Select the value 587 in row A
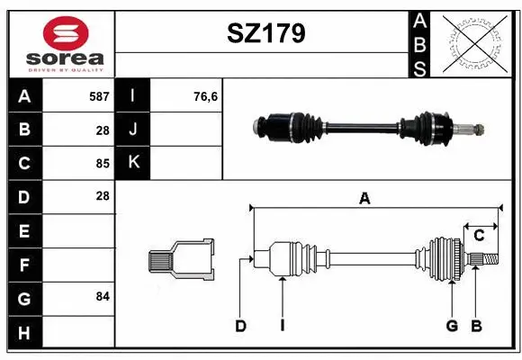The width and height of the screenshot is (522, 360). pos(98,96)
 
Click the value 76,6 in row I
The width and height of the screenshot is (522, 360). pos(206,96)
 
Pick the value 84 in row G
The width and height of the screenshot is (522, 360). pos(102,296)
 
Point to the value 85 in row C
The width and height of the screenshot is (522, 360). pos(102,164)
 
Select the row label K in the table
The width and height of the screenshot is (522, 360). pos(133,163)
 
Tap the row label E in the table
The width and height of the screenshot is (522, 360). pos(24,231)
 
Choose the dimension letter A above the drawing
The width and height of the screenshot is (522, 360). pos(364,199)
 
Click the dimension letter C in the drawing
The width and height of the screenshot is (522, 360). pos(479,236)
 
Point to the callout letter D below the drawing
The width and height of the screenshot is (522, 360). pos(240,326)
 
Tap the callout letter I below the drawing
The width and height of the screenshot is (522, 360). pos(282,326)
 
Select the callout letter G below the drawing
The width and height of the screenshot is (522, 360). pos(452,326)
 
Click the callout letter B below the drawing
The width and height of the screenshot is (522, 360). pos(477,326)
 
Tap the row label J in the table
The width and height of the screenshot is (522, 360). pos(133,130)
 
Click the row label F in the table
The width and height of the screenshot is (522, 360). pos(24,265)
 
